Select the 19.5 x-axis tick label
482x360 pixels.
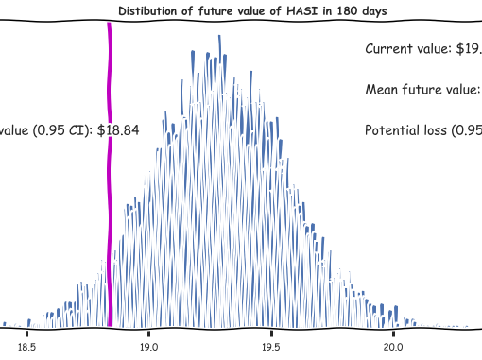click(270, 347)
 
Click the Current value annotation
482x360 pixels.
click(422, 48)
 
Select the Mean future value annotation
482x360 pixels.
click(422, 90)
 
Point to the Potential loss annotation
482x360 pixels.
click(422, 131)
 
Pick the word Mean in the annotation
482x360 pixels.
click(381, 90)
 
